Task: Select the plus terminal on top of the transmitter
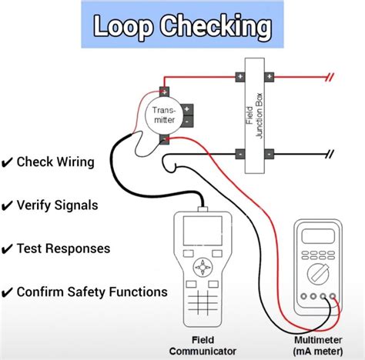[165, 91]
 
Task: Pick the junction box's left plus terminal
[241, 76]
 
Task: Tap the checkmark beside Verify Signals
[8, 205]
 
